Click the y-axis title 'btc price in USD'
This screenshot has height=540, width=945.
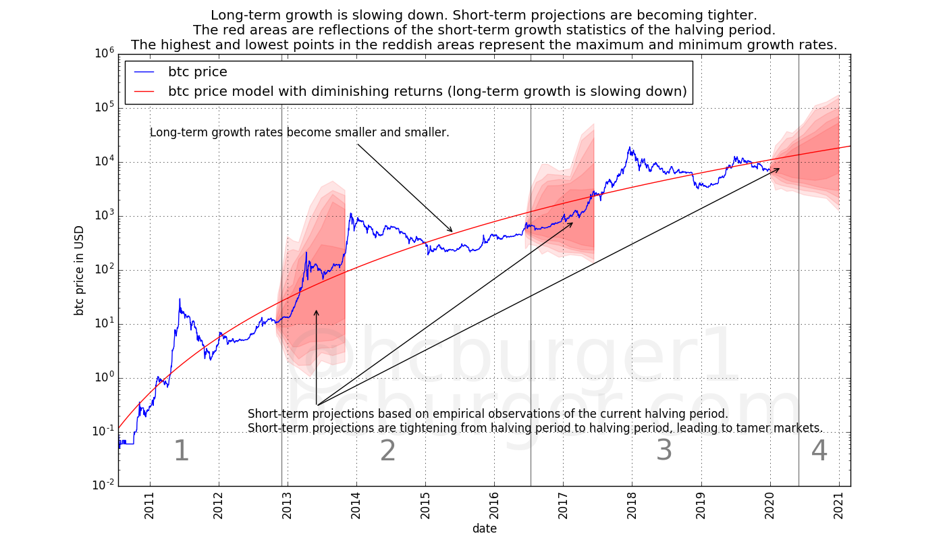click(80, 270)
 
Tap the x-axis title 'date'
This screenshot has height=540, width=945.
click(484, 529)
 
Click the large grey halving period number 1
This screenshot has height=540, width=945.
click(181, 451)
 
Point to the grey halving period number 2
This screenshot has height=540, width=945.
click(387, 451)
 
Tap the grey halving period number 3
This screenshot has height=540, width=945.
click(664, 451)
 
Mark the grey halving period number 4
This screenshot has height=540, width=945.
click(819, 451)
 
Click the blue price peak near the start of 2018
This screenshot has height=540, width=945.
click(630, 147)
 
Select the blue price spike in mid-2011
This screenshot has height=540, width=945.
click(180, 299)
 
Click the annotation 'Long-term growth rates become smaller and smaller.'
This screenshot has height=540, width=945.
click(299, 133)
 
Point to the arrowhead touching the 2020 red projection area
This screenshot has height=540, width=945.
click(779, 169)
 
